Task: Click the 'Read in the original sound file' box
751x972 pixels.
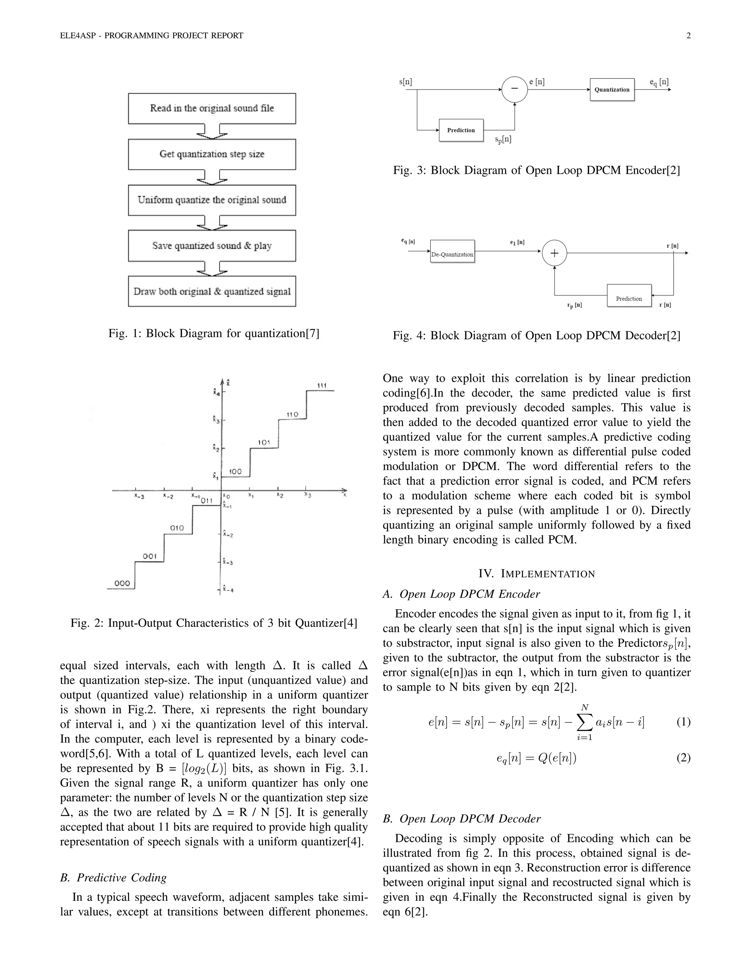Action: [212, 108]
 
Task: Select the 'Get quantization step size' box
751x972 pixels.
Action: [212, 154]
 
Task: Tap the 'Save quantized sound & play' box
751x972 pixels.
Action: [212, 246]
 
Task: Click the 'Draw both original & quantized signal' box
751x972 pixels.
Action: [212, 292]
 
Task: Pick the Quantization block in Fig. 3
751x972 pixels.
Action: [612, 89]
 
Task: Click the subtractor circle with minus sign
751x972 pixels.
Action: [514, 89]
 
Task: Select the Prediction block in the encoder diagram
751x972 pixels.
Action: [461, 130]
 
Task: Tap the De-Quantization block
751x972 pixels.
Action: [452, 254]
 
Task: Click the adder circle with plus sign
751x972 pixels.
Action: [554, 253]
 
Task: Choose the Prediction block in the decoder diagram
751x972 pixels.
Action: [629, 299]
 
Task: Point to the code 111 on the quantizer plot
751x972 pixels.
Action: [322, 385]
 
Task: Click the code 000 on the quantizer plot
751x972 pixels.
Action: [122, 583]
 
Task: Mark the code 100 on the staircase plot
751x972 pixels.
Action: [235, 471]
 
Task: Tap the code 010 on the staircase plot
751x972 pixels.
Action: [177, 528]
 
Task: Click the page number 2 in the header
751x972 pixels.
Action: [688, 36]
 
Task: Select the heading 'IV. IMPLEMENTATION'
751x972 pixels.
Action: [536, 574]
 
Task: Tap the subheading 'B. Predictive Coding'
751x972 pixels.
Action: [113, 877]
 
